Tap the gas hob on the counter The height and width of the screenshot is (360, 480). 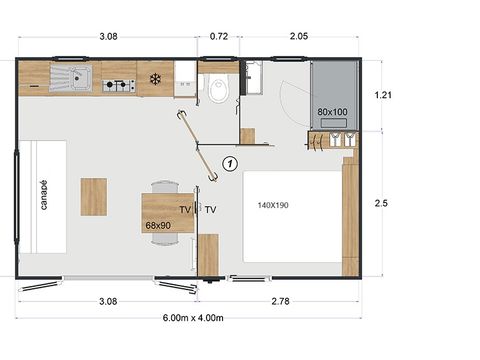(x=119, y=85)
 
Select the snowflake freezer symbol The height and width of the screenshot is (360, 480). (x=155, y=78)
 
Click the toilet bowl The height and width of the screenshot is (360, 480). (x=218, y=91)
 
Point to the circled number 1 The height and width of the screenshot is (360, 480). (x=230, y=161)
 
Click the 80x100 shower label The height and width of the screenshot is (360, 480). (x=333, y=111)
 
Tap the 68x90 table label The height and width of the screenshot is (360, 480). (x=158, y=227)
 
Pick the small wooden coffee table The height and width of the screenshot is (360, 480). (x=94, y=197)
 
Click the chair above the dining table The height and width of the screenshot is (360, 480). (x=165, y=186)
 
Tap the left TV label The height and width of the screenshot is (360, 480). (x=185, y=210)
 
